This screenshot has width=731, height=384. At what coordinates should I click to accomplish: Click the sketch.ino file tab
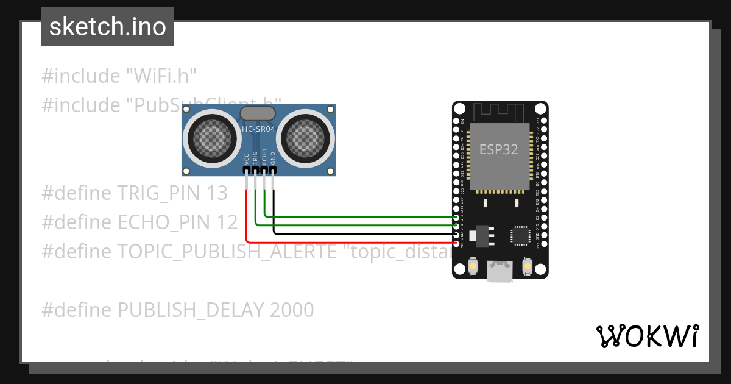pos(107,27)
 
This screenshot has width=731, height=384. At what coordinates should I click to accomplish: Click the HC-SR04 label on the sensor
pos(259,129)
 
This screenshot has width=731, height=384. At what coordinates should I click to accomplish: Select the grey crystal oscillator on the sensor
pos(259,113)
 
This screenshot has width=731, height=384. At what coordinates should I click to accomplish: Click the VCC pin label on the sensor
pos(246,159)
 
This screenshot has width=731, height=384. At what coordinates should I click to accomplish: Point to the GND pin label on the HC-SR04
pos(274,157)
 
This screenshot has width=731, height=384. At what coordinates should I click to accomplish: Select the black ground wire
pos(365,233)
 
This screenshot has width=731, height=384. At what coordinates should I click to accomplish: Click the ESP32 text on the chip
pos(499,149)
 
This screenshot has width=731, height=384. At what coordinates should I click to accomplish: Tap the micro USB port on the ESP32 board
pos(500,272)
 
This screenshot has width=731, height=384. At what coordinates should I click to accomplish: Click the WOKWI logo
pos(646,336)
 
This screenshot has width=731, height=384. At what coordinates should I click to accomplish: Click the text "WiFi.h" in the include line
pos(161,76)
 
